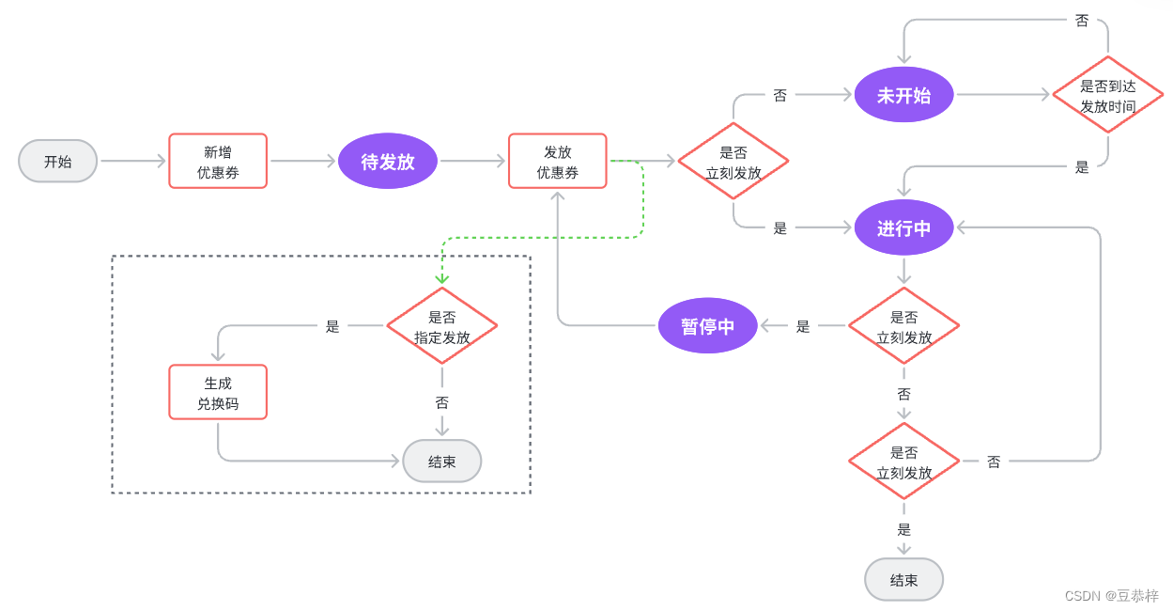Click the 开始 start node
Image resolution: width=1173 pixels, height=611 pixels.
(58, 161)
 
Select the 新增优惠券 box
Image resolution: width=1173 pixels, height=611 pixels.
(218, 161)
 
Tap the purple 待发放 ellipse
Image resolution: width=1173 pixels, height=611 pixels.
(388, 161)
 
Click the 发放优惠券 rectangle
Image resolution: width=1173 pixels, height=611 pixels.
(558, 161)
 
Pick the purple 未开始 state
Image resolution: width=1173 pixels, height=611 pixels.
(903, 94)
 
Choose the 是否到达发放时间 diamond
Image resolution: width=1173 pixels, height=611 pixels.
(1107, 95)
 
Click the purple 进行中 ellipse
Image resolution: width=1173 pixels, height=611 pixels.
(903, 227)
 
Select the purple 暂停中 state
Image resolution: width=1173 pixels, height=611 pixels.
(707, 325)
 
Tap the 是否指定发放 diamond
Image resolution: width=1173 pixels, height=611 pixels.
(442, 325)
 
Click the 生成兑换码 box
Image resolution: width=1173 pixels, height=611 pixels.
(218, 392)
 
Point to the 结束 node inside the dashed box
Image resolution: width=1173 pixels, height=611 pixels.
(442, 461)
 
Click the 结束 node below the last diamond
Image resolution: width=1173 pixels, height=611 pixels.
(903, 580)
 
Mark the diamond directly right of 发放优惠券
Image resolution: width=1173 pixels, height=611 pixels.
(733, 161)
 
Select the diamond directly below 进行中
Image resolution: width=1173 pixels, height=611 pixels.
(903, 325)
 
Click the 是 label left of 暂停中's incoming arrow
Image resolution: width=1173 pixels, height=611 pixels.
(803, 326)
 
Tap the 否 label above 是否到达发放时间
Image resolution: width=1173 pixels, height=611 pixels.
(1082, 21)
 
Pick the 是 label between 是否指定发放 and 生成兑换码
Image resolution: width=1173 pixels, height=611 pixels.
(332, 326)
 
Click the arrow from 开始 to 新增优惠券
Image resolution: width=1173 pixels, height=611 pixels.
(132, 161)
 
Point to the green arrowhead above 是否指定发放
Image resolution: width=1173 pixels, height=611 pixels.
(442, 278)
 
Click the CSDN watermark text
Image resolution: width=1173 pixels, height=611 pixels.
(1112, 596)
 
